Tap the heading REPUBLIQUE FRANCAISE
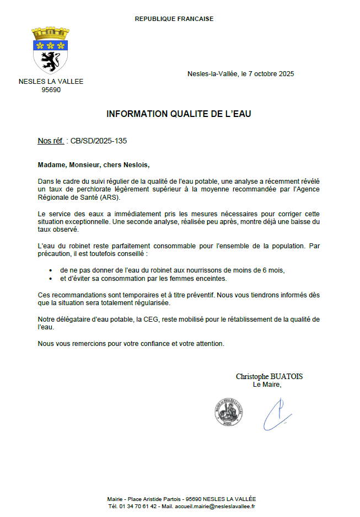click(174, 19)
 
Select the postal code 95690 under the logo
click(51, 90)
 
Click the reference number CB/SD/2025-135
click(99, 141)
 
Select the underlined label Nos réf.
click(51, 141)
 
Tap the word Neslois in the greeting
click(136, 164)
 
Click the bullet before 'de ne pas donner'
click(50, 270)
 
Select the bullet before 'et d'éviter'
click(50, 278)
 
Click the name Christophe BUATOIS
click(269, 376)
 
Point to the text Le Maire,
click(267, 385)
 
